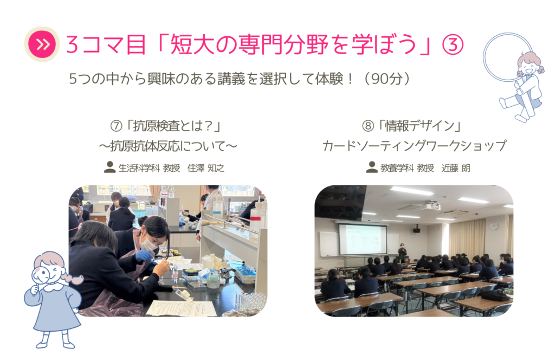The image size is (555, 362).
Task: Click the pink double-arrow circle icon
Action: coord(42,44)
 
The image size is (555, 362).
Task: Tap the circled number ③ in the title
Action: coord(453,44)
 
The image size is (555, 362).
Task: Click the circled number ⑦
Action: coord(116,126)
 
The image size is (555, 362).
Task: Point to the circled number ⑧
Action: coord(368,126)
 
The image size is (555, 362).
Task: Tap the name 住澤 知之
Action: coord(205,168)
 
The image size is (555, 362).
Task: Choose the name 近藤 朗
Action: coord(455,168)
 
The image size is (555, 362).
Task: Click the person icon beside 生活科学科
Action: coord(109,167)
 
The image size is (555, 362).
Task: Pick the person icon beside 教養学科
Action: coord(372,167)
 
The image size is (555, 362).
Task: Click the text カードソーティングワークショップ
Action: coord(415,146)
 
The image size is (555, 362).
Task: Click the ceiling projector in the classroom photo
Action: coord(431,205)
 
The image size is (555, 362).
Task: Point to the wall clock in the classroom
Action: coord(494,226)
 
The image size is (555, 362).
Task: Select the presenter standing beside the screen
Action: coord(402,253)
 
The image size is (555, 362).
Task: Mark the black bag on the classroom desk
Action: coord(494,295)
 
